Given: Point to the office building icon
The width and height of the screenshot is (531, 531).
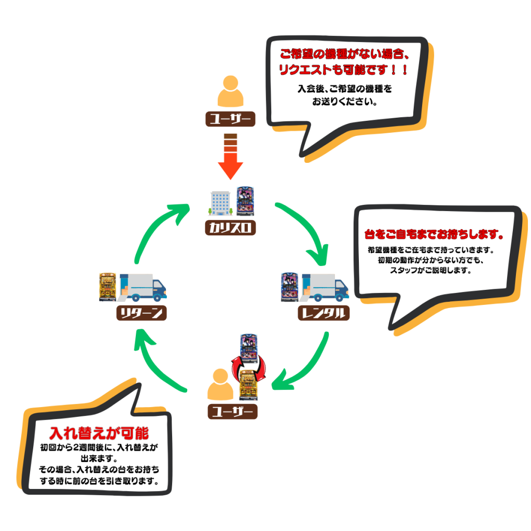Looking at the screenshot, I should point(220,203).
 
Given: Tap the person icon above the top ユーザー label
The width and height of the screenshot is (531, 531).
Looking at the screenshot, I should point(230,92).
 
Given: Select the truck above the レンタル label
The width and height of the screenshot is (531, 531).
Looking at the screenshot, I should point(326,287).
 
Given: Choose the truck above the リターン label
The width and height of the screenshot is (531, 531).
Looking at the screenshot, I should point(142,287).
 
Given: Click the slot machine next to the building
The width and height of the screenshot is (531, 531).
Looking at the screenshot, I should point(245,201).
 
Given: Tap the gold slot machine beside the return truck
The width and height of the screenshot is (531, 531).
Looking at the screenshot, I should point(108,287).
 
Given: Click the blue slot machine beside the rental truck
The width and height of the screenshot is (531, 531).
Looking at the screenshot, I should point(289,287).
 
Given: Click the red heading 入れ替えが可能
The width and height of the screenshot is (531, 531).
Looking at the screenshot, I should point(99,434).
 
